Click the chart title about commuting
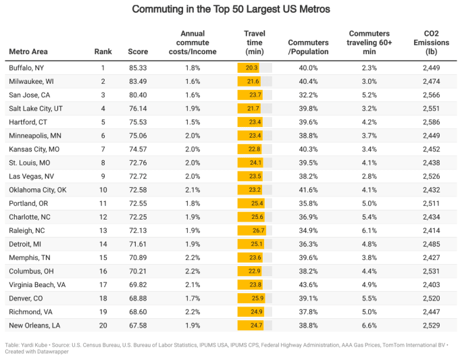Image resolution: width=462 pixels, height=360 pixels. (x=231, y=9)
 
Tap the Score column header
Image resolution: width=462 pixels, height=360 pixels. (x=138, y=51)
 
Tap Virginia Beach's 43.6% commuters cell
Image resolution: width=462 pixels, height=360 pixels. (x=308, y=284)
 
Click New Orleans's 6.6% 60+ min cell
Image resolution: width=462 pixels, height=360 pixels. (x=369, y=325)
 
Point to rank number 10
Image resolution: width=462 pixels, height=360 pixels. (x=103, y=190)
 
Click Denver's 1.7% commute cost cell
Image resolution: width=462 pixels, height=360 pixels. (x=192, y=298)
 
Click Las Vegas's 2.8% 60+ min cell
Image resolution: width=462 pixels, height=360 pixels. (x=369, y=176)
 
